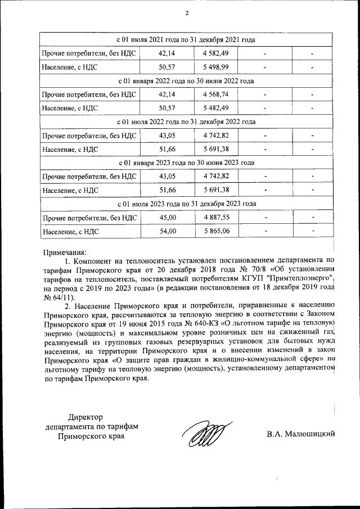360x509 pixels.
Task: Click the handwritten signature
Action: pos(205,435)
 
